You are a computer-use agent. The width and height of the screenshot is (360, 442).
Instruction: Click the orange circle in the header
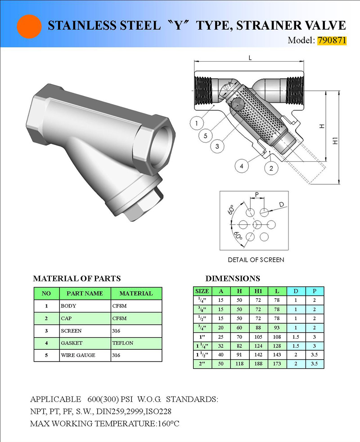29,26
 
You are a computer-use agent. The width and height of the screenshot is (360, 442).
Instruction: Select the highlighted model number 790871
332,40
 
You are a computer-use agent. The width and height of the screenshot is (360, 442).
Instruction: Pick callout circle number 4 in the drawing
241,166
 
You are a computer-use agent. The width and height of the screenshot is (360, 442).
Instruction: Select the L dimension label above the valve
250,58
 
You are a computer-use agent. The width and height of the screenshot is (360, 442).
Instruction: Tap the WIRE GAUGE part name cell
78,355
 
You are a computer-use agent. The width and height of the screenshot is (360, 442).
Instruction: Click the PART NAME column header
85,293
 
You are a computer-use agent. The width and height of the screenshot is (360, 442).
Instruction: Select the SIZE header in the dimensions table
202,291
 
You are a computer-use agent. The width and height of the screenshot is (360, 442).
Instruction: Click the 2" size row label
202,364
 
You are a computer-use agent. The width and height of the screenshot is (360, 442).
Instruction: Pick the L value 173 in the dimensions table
277,364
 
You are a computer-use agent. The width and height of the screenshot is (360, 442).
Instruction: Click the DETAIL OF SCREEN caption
256,259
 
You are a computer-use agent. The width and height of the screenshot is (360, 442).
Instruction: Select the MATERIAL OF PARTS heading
77,278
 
